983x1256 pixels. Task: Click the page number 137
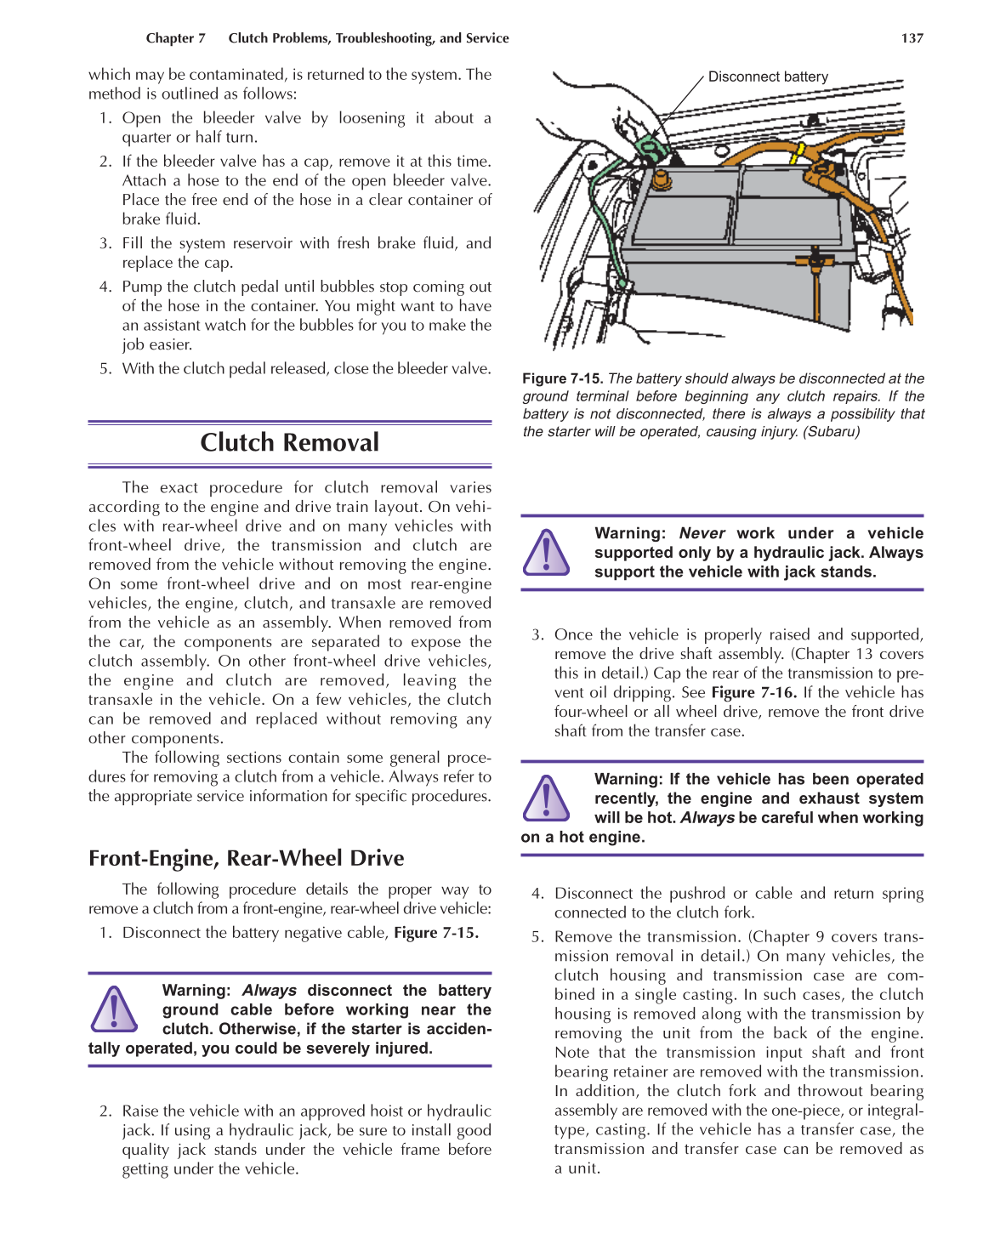(x=912, y=38)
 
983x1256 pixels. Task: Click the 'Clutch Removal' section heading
(x=289, y=442)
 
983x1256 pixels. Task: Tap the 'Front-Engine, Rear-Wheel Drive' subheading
(x=246, y=858)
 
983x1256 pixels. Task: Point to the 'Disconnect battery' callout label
(x=768, y=77)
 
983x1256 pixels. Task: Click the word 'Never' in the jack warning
(x=702, y=533)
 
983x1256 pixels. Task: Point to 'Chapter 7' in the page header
(x=175, y=38)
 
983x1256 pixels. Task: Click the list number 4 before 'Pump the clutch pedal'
(x=105, y=287)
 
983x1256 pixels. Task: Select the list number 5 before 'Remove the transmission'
(x=537, y=937)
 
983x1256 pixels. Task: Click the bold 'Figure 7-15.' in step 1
(x=435, y=933)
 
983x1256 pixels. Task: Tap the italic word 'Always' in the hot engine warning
(x=707, y=818)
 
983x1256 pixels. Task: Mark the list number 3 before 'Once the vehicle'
(x=537, y=634)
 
